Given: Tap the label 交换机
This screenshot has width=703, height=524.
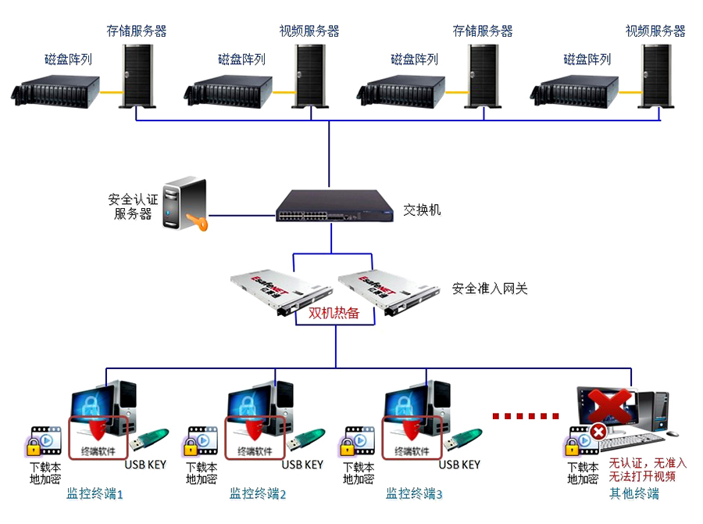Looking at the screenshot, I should tap(422, 210).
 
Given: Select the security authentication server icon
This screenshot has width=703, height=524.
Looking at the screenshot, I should tap(184, 204).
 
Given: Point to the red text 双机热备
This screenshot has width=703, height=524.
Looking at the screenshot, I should tap(334, 313).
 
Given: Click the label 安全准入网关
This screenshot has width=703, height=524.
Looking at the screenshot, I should tap(490, 289).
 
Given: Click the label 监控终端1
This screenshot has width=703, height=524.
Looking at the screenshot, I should tap(95, 493).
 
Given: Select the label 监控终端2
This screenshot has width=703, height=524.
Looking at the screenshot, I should tap(258, 493).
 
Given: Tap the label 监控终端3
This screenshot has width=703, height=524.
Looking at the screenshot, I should tap(414, 493).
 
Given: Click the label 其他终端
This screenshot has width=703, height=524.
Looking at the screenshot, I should tap(634, 493).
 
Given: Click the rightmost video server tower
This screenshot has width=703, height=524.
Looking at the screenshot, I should tap(655, 75).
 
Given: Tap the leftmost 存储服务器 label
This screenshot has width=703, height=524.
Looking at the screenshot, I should tap(137, 31).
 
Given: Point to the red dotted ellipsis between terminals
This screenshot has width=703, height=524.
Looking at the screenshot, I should tap(526, 415).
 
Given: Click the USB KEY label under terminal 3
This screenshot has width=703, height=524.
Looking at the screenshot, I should tap(459, 465).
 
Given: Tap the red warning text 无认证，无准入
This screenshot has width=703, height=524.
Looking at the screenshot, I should tap(648, 464).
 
